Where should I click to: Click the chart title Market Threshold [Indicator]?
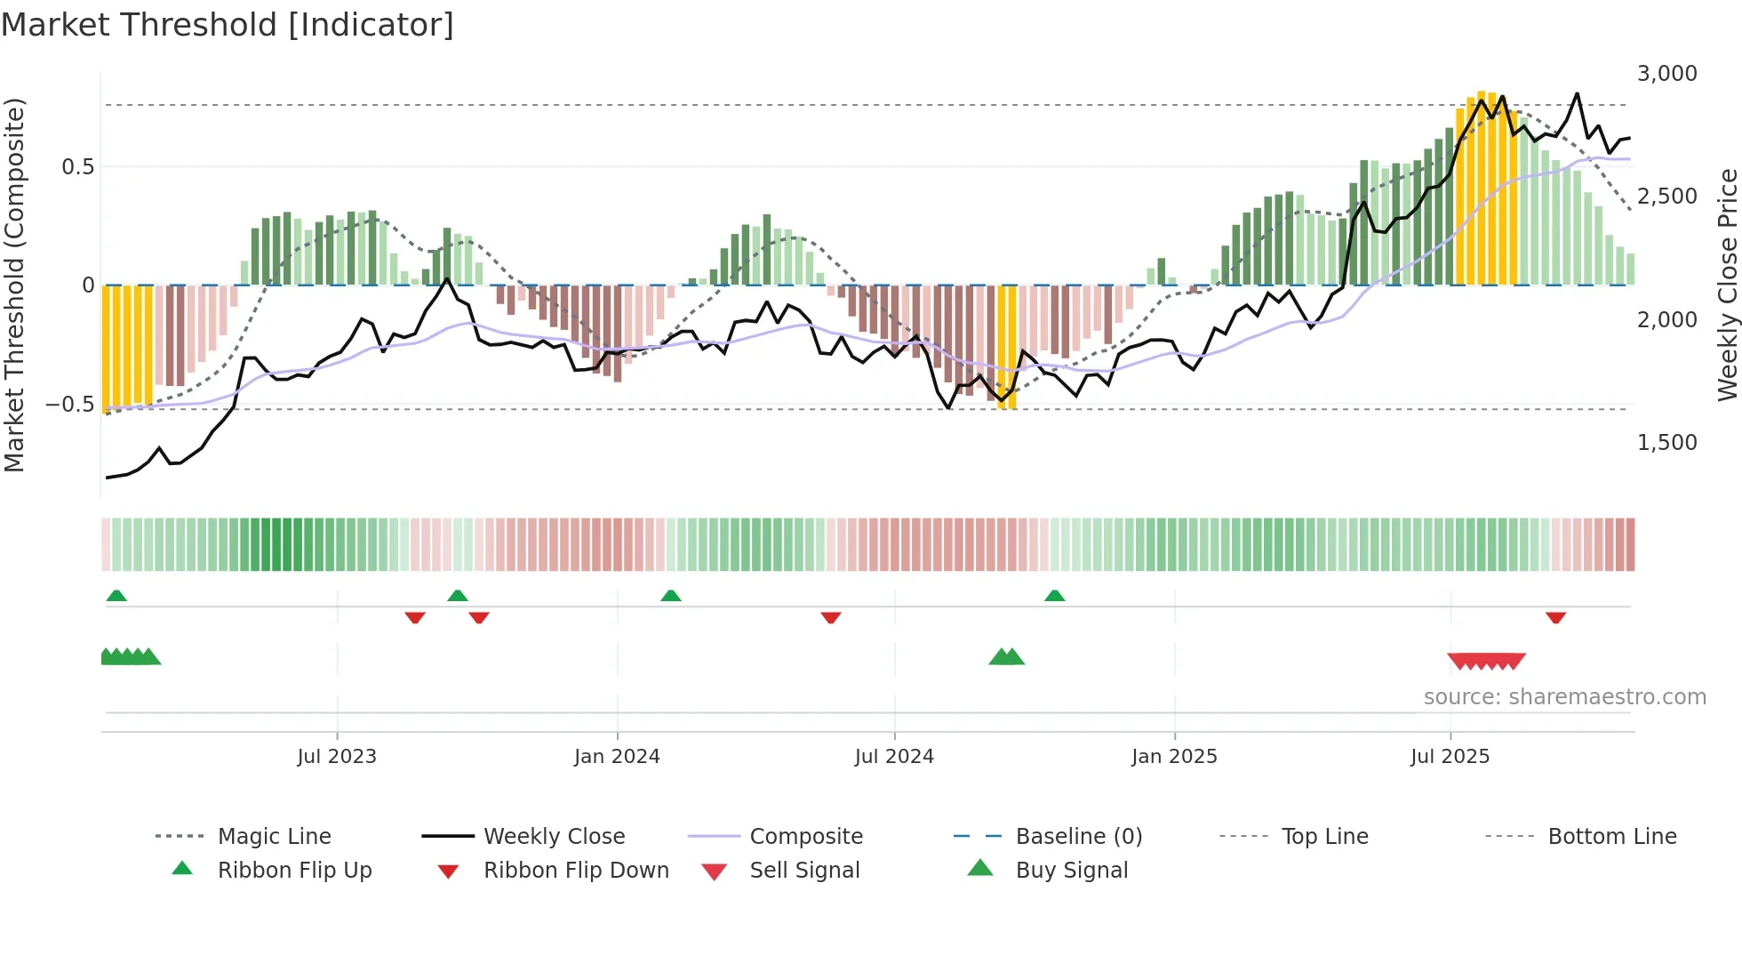click(228, 25)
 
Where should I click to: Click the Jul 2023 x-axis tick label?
click(337, 757)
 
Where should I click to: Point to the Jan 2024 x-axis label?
click(617, 757)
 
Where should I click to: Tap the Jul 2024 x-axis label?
click(894, 757)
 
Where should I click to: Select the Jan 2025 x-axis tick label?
click(1174, 757)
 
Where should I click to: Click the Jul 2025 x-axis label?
click(1450, 757)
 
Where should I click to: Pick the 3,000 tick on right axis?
click(1666, 74)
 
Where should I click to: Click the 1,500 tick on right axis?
click(1666, 443)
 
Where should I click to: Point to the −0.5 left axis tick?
click(69, 405)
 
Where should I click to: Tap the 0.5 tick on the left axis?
click(77, 167)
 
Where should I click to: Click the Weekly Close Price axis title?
click(1727, 285)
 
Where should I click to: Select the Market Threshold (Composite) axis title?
click(14, 285)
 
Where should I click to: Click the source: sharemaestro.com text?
click(1564, 697)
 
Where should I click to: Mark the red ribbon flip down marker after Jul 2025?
click(1555, 617)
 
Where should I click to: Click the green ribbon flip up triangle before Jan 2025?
click(1054, 596)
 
